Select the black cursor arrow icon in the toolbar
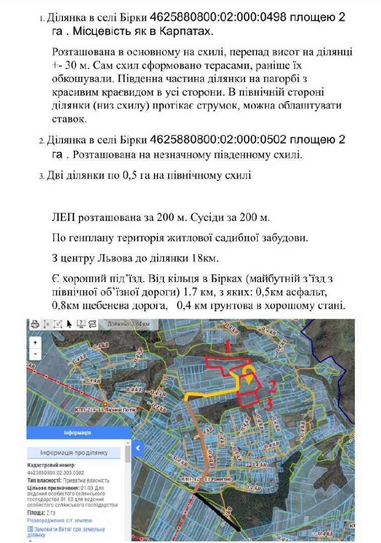coord(69,324)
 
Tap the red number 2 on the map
coord(272,386)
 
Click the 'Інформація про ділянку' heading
coord(74,453)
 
